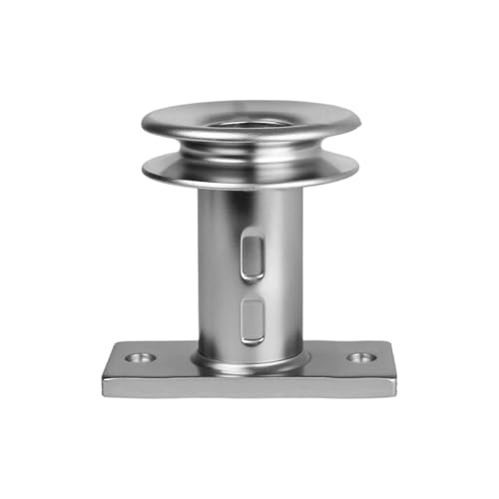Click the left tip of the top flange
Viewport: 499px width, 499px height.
pos(143,125)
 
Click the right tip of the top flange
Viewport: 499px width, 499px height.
pos(360,124)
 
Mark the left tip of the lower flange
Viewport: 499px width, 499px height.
pos(144,171)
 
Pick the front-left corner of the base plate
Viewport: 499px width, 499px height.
pos(104,392)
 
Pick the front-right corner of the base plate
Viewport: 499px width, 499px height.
pos(395,392)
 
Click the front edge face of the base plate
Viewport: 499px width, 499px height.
pos(249,385)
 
